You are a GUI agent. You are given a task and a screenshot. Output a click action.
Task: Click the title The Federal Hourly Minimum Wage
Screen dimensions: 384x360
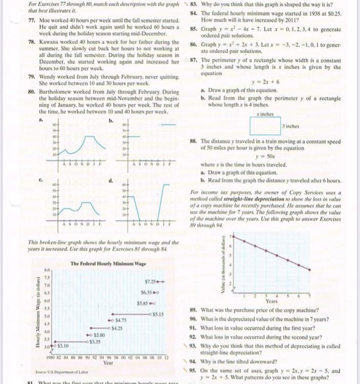108,263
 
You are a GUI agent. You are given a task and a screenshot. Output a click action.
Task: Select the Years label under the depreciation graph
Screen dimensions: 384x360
272,301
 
